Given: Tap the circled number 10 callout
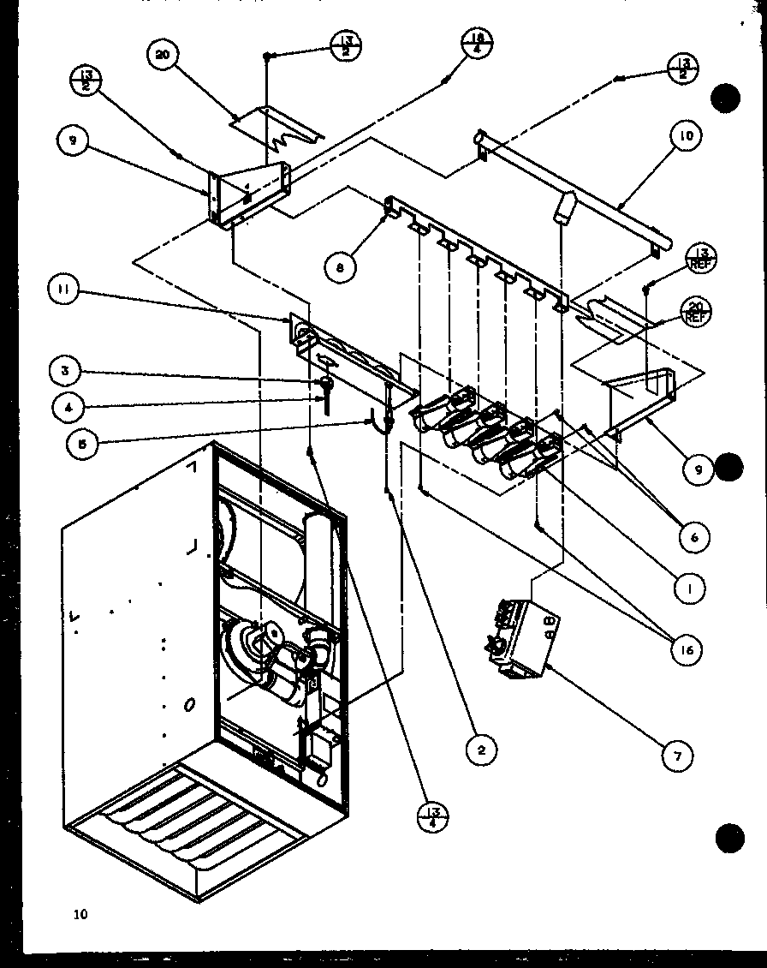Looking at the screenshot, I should click(687, 135).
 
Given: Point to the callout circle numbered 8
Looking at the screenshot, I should click(340, 266).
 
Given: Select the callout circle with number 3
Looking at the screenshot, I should click(65, 371).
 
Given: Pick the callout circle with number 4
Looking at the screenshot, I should click(67, 408).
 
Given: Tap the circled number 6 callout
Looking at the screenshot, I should click(693, 537).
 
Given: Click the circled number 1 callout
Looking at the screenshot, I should click(690, 589).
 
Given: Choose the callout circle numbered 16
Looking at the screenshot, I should click(687, 650).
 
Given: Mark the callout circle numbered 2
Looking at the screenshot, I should click(481, 750).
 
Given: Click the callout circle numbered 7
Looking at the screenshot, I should click(677, 755).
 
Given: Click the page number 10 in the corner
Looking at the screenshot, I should click(80, 914).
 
